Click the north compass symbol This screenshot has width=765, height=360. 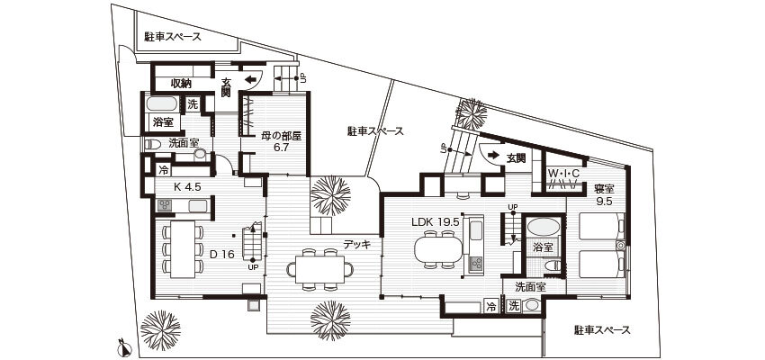click(125, 348)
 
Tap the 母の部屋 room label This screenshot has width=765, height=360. click(281, 137)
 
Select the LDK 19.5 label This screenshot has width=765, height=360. click(436, 221)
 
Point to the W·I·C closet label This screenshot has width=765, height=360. click(563, 173)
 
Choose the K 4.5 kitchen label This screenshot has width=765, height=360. click(187, 186)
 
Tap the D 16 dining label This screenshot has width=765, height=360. click(222, 254)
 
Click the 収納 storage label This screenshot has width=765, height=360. click(181, 84)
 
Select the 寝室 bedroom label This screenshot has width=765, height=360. click(604, 187)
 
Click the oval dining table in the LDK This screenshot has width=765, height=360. click(438, 249)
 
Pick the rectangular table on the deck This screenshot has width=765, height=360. click(319, 269)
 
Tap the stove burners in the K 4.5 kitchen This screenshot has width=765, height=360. click(164, 205)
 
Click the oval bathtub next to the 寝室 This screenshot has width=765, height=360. click(544, 227)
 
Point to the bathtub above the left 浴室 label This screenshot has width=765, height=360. click(161, 103)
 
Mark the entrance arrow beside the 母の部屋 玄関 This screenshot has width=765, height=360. click(250, 79)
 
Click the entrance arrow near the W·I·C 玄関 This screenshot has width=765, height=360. click(493, 156)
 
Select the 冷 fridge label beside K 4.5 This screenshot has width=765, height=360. click(164, 171)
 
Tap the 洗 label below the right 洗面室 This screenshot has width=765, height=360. click(513, 306)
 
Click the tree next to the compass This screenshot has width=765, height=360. click(160, 330)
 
